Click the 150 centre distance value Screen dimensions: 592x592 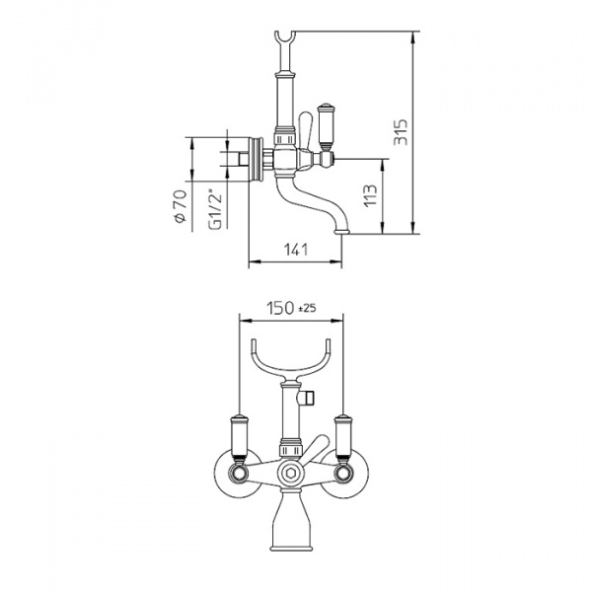tap(280, 308)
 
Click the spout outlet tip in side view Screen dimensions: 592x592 tap(342, 231)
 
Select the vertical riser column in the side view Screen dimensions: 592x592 tap(285, 104)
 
